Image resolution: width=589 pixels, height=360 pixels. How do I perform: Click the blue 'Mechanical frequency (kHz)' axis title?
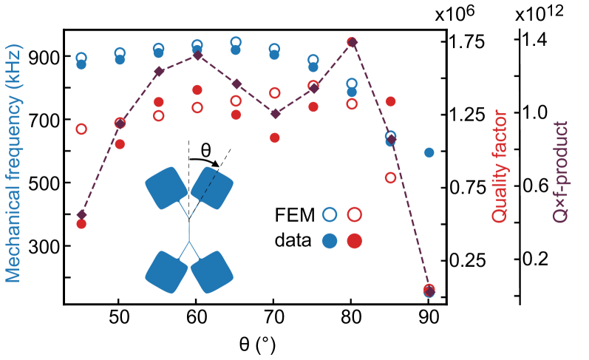(13, 163)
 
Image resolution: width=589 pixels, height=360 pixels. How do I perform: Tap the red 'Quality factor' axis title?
(500, 166)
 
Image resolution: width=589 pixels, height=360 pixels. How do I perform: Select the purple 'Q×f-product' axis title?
(561, 172)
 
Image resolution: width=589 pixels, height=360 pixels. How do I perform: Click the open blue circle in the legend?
(330, 214)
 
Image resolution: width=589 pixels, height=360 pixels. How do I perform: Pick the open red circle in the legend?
(355, 214)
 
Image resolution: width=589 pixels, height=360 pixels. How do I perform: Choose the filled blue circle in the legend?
(330, 240)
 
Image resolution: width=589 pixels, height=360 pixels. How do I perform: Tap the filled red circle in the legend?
(355, 240)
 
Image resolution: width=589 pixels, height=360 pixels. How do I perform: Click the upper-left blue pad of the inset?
(166, 188)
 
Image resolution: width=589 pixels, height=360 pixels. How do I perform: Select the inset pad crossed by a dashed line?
(212, 188)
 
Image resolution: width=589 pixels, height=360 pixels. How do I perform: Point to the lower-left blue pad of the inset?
(166, 272)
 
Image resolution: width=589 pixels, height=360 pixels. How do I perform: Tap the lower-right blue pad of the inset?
(212, 272)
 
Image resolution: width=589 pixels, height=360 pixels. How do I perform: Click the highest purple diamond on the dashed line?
(353, 42)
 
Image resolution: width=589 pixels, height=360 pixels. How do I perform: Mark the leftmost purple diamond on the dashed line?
(81, 214)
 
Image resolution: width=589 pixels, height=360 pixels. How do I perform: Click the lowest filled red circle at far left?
(81, 224)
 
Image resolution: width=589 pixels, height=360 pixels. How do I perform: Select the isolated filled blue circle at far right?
(429, 152)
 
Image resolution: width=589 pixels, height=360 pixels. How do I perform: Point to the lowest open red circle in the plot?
(391, 177)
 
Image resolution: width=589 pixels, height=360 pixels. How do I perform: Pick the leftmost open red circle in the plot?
(81, 129)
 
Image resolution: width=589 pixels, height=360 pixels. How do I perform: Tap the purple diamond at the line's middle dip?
(275, 114)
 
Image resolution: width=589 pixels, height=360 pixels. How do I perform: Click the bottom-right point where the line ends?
(429, 291)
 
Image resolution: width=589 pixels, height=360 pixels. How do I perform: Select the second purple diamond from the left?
(120, 123)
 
